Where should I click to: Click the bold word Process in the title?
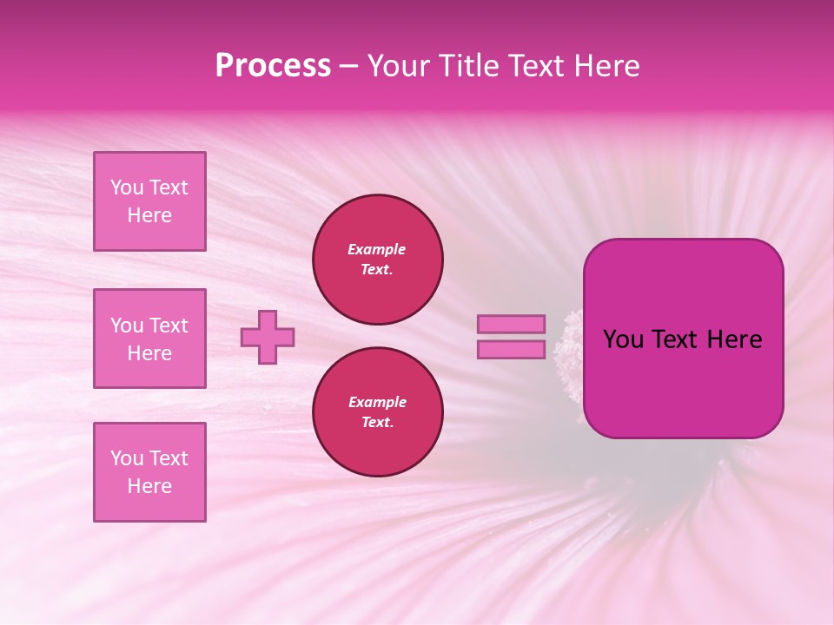(273, 66)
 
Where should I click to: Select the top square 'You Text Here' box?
(149, 201)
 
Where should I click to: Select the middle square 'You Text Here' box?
(149, 339)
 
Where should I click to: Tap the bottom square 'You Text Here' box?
(149, 472)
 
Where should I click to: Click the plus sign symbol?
(268, 337)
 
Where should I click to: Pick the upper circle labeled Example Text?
(378, 260)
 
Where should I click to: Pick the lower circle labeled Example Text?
(378, 412)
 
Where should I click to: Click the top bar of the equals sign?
(511, 325)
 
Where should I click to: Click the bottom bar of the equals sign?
(511, 349)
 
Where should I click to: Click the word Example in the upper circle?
(377, 249)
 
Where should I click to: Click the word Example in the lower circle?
(377, 402)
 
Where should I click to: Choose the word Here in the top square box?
(149, 215)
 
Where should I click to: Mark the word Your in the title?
(400, 66)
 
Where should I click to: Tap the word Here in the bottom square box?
(149, 486)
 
